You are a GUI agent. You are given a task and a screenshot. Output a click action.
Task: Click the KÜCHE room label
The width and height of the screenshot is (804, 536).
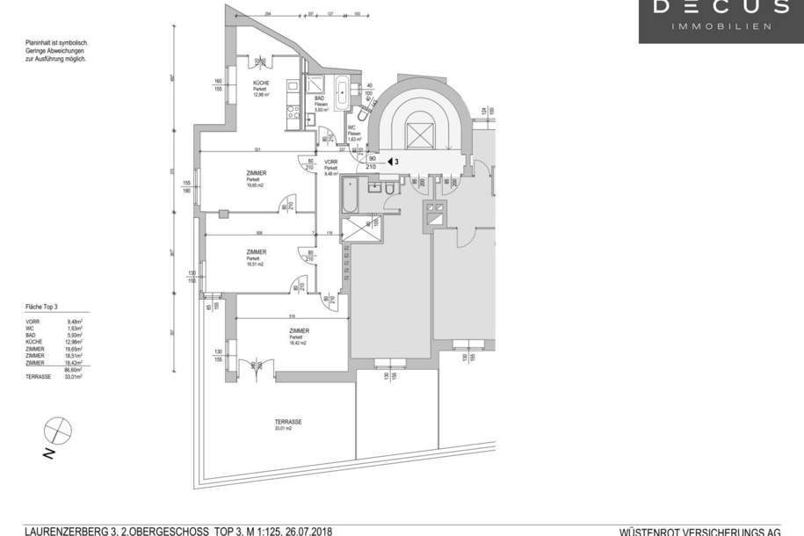pyautogui.click(x=262, y=83)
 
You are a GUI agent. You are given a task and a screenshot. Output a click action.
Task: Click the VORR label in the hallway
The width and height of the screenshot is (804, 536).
pyautogui.click(x=331, y=163)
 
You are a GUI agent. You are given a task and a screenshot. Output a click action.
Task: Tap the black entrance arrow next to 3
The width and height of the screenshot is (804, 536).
pyautogui.click(x=389, y=162)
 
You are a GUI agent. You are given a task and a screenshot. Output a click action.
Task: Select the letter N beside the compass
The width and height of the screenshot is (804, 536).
pyautogui.click(x=50, y=453)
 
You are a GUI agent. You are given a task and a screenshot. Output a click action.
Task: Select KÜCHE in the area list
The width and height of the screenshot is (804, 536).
pyautogui.click(x=35, y=343)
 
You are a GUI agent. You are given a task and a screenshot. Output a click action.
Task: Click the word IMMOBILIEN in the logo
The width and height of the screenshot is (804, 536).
pyautogui.click(x=721, y=26)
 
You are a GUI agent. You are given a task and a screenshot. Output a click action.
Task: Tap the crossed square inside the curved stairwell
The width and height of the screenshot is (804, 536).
pyautogui.click(x=418, y=135)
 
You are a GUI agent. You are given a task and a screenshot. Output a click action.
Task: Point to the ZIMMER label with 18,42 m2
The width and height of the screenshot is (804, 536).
pyautogui.click(x=299, y=331)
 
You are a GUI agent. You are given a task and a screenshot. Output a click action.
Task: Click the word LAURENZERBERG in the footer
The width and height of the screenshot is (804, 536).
pyautogui.click(x=63, y=531)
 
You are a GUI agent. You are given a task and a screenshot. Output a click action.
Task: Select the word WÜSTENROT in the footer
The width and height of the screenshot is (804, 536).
pyautogui.click(x=651, y=532)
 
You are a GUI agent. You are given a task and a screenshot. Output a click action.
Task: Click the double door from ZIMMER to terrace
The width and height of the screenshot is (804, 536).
pyautogui.click(x=258, y=366)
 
